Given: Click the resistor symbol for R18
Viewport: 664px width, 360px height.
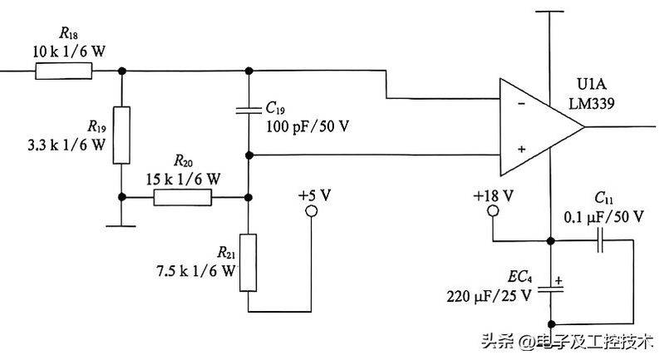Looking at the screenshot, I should pyautogui.click(x=63, y=72).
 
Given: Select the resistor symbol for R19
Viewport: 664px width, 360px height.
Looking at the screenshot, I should pyautogui.click(x=122, y=135).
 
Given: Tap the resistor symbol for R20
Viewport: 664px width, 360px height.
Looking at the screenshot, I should pyautogui.click(x=182, y=197).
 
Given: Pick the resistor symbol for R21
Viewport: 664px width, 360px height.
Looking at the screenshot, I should pyautogui.click(x=248, y=262).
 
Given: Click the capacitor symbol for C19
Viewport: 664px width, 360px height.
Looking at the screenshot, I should pyautogui.click(x=248, y=110).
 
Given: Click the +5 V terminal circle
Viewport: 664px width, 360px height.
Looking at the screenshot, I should pyautogui.click(x=312, y=212).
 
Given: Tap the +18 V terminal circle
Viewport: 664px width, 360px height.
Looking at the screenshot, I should pyautogui.click(x=493, y=212).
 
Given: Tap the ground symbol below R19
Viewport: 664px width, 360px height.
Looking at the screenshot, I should pyautogui.click(x=122, y=224).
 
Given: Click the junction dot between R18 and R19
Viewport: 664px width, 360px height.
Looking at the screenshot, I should pyautogui.click(x=122, y=72).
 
